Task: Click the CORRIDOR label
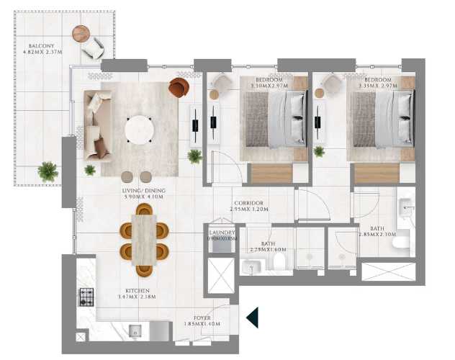[x=248, y=204]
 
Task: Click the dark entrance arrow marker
[x=252, y=317]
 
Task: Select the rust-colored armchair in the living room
[x=178, y=88]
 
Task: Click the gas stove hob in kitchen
[x=86, y=297]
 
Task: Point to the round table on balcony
[x=81, y=33]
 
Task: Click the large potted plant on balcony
[x=48, y=171]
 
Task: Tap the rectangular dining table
[x=144, y=240]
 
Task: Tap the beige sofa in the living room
[x=96, y=125]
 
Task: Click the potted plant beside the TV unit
[x=194, y=156]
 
